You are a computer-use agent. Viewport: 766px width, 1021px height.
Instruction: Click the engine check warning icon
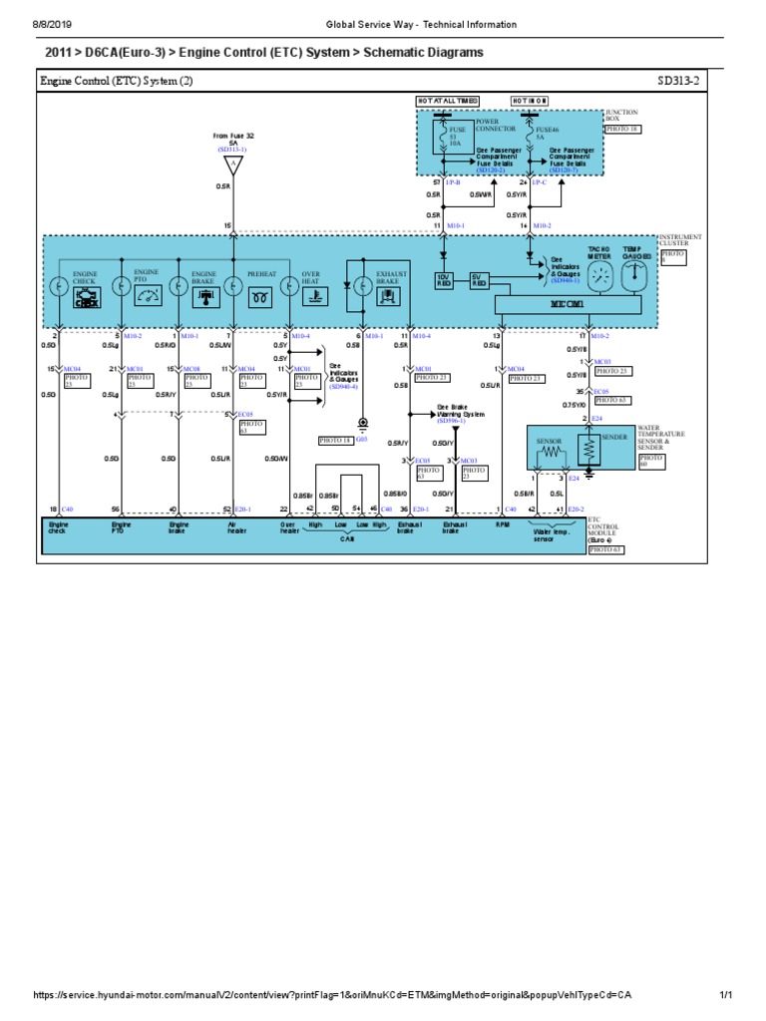[x=86, y=297]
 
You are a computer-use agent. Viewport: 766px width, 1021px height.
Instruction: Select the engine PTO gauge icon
[x=146, y=296]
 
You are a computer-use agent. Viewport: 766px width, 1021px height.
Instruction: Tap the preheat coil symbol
[x=262, y=297]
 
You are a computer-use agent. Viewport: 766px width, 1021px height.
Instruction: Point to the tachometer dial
[x=598, y=278]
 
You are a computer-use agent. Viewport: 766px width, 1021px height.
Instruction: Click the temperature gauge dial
[x=635, y=278]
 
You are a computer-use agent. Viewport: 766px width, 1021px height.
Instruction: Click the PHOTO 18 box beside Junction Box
[x=623, y=130]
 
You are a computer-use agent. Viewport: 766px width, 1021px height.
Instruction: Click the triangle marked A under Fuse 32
[x=232, y=163]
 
